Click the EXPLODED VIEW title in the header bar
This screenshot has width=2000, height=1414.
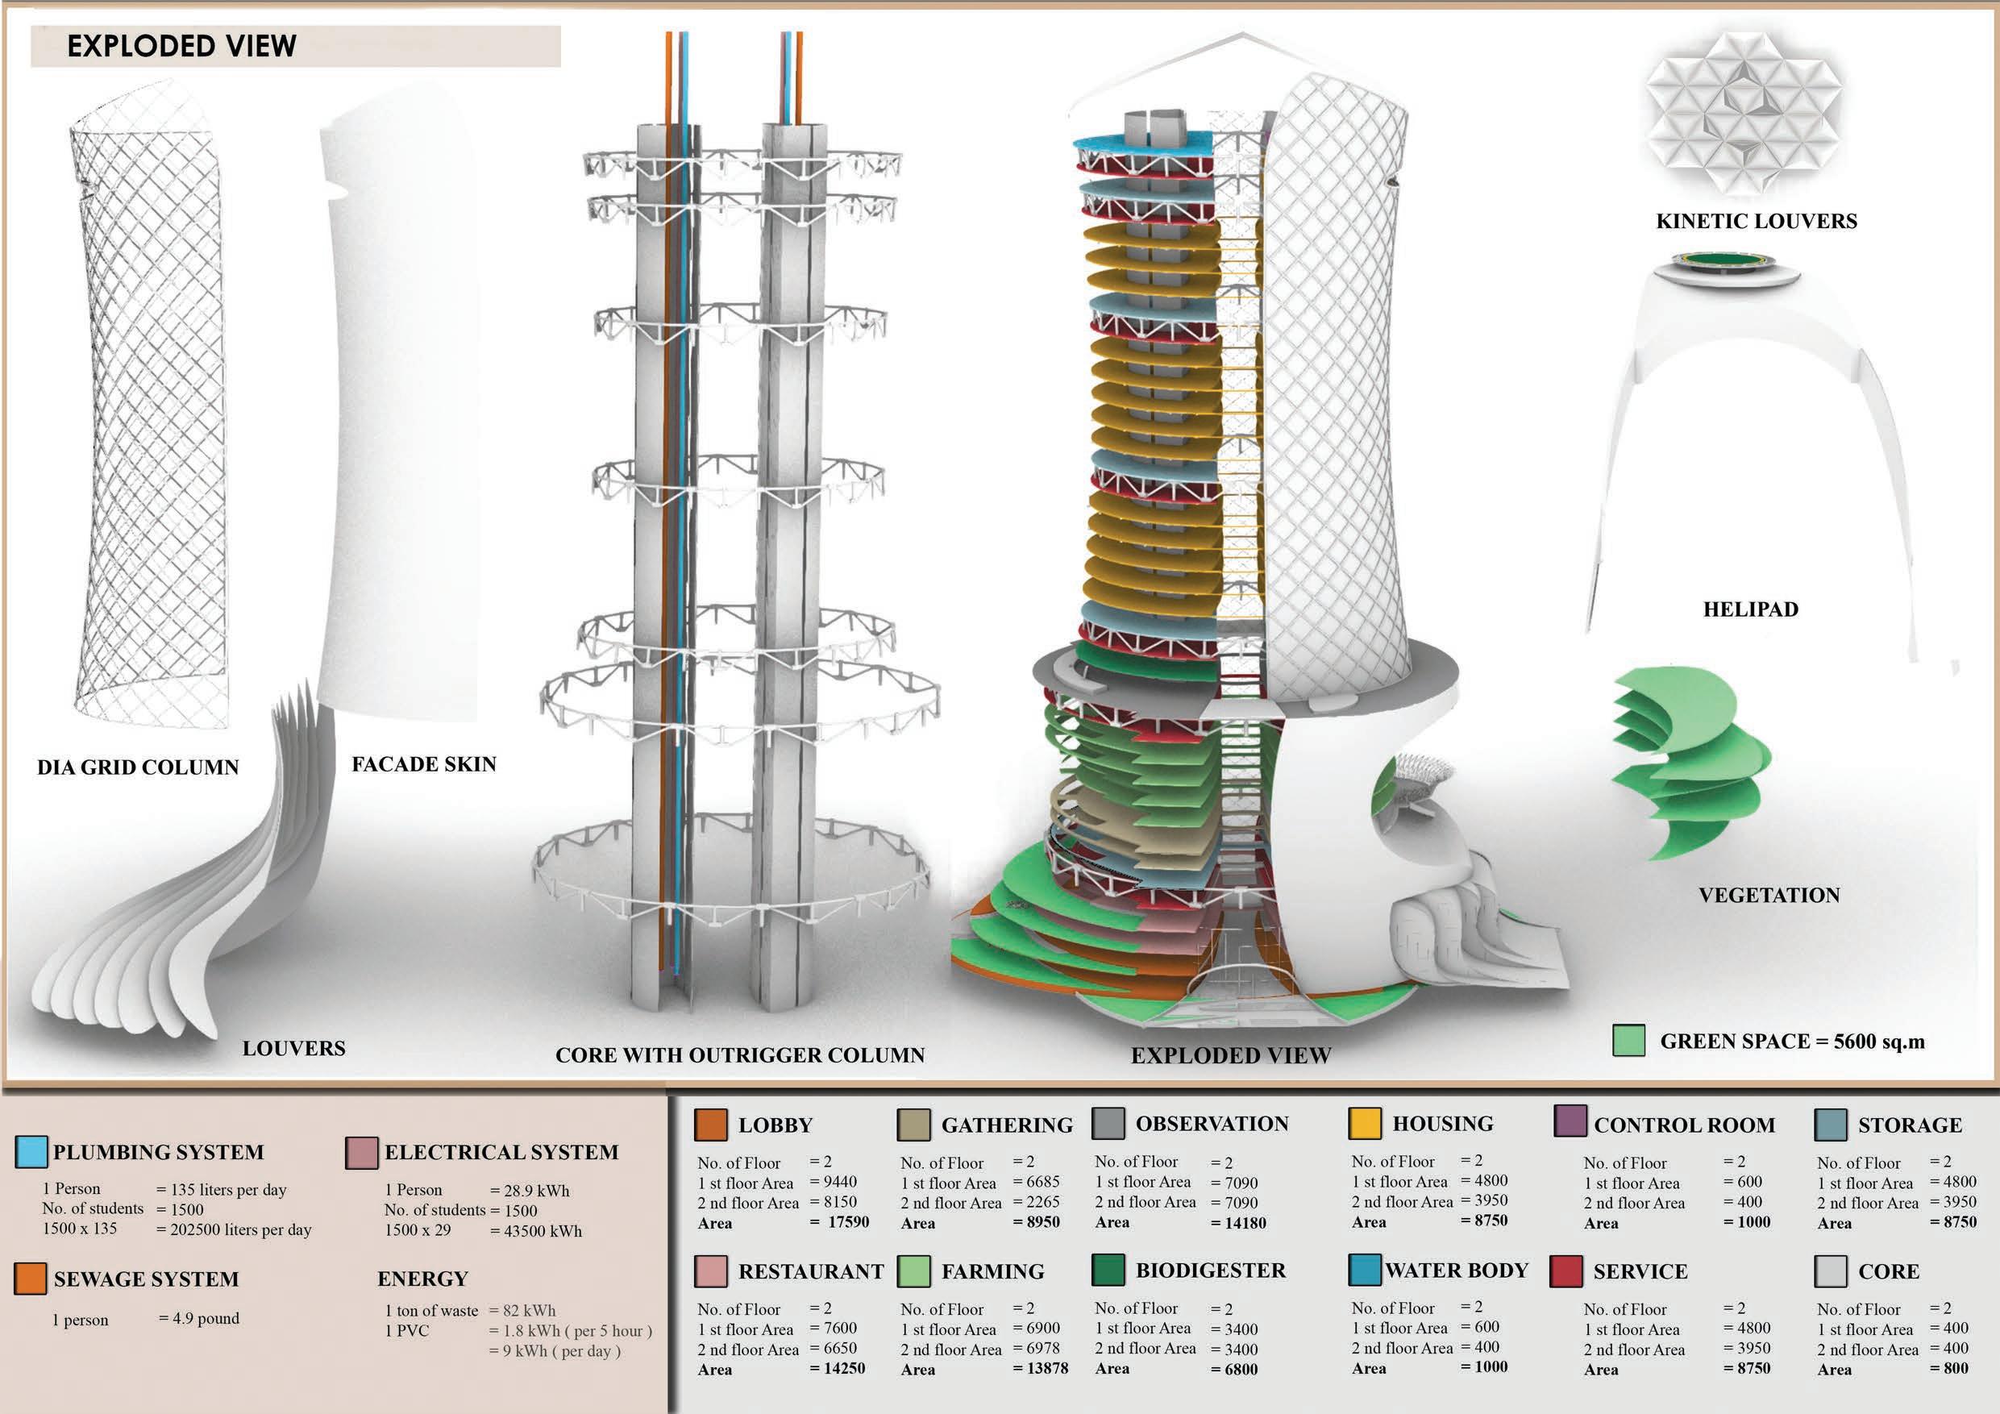coord(181,46)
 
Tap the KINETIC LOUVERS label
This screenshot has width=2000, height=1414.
coord(1756,222)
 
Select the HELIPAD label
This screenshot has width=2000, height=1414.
coord(1751,609)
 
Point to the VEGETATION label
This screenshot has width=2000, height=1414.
coord(1769,895)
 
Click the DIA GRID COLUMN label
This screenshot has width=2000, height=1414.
coord(138,767)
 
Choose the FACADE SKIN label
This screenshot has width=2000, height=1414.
coord(423,764)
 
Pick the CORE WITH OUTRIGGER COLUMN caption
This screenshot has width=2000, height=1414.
coord(739,1055)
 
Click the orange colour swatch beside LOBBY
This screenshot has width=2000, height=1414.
coord(711,1125)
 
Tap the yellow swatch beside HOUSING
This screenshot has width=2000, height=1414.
coord(1364,1123)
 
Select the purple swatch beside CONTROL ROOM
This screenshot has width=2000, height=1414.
coord(1570,1121)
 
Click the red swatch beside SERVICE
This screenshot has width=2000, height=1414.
coord(1566,1271)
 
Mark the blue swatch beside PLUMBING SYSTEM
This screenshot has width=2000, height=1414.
coord(31,1152)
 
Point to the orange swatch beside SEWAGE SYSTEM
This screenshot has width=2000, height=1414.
coord(31,1278)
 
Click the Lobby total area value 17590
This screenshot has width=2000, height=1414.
coord(847,1222)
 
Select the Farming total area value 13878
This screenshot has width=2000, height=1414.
coord(1046,1369)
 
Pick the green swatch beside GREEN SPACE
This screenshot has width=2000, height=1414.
coord(1629,1040)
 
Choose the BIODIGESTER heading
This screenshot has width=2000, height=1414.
coord(1210,1271)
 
